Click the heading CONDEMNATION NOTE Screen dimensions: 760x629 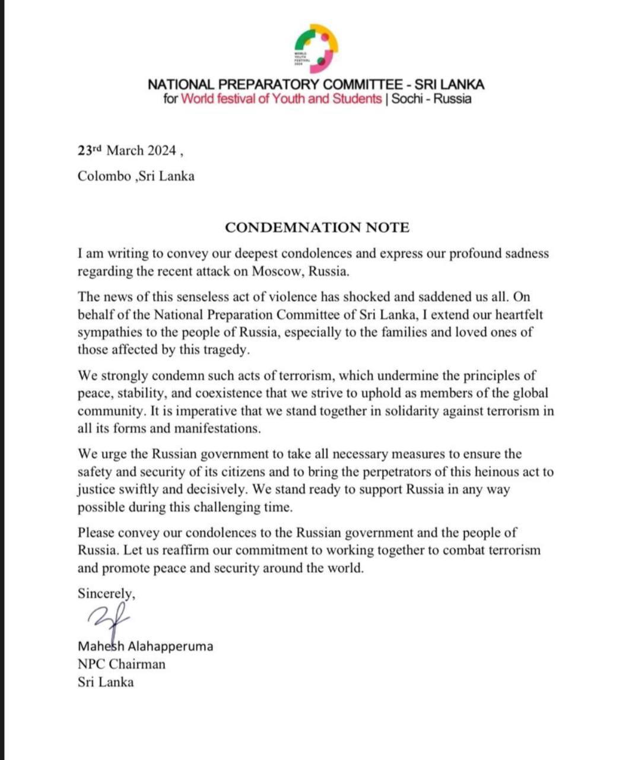(x=317, y=227)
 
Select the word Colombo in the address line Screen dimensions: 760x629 (x=104, y=176)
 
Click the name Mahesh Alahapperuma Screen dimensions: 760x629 (x=145, y=646)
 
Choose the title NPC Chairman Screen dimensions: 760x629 (x=122, y=664)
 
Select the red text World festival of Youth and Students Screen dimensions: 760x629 (x=281, y=99)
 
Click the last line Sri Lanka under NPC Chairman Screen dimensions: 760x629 (x=106, y=682)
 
